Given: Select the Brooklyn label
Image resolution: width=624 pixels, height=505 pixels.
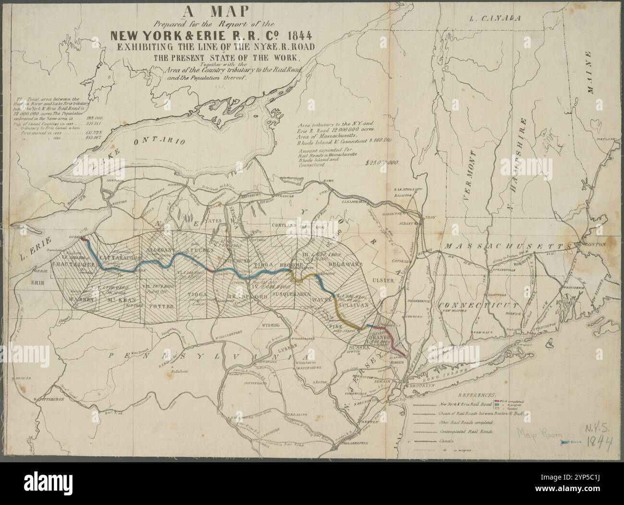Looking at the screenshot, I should pos(421,385).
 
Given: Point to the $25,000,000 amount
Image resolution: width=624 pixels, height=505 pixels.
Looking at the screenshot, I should pos(379,163).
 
